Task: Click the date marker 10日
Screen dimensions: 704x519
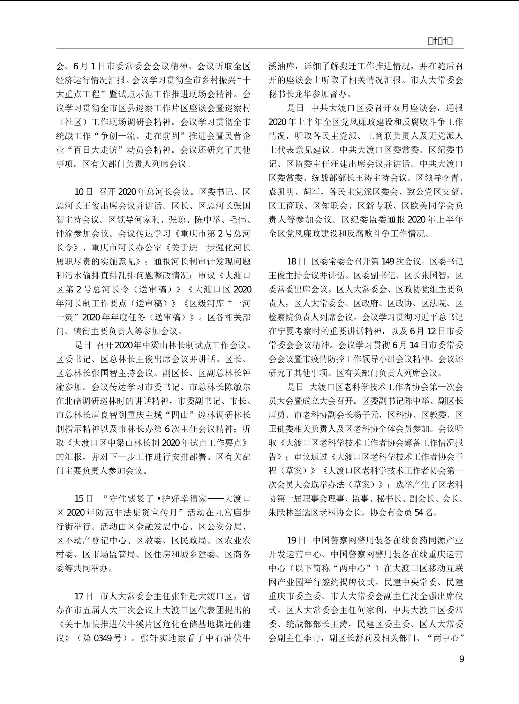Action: (x=84, y=192)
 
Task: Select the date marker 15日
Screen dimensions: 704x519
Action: (x=84, y=499)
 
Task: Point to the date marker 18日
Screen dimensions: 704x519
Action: (x=296, y=262)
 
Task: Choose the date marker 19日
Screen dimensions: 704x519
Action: (x=296, y=540)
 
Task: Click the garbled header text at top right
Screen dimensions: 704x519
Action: (x=440, y=42)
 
